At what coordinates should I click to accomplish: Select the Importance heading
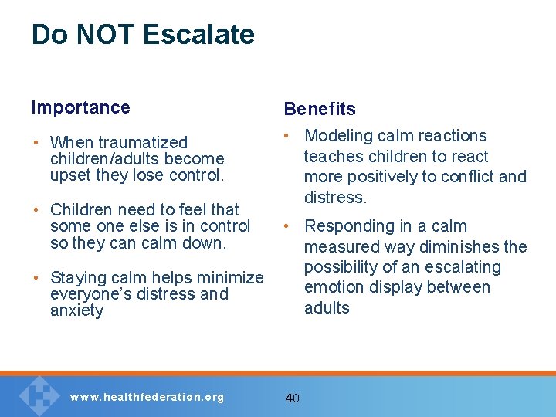pyautogui.click(x=80, y=107)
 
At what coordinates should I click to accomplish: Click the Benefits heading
pyautogui.click(x=320, y=109)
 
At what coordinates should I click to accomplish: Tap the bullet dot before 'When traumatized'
pyautogui.click(x=36, y=143)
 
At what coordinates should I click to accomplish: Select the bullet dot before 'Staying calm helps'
pyautogui.click(x=36, y=278)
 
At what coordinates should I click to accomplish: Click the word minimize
pyautogui.click(x=230, y=278)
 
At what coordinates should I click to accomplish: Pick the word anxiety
pyautogui.click(x=76, y=310)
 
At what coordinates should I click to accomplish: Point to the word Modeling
pyautogui.click(x=337, y=136)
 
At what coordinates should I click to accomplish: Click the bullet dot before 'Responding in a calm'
pyautogui.click(x=286, y=226)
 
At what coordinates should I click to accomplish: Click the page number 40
pyautogui.click(x=292, y=398)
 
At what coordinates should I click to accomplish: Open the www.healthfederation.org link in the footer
pyautogui.click(x=147, y=398)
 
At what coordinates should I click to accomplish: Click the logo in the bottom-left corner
pyautogui.click(x=38, y=395)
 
